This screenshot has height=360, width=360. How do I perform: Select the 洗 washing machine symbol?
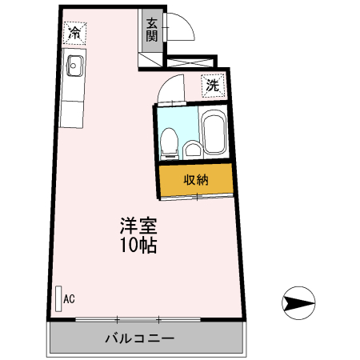(212, 85)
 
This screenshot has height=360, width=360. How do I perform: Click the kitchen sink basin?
(75, 66)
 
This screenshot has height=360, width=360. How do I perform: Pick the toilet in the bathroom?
(169, 143)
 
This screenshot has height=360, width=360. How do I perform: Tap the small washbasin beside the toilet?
(192, 149)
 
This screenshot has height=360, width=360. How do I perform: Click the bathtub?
(214, 134)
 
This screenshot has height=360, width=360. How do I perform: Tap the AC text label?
(69, 299)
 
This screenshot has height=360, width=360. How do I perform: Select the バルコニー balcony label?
(139, 338)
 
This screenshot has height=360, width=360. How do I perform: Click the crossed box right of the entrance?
(191, 61)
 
